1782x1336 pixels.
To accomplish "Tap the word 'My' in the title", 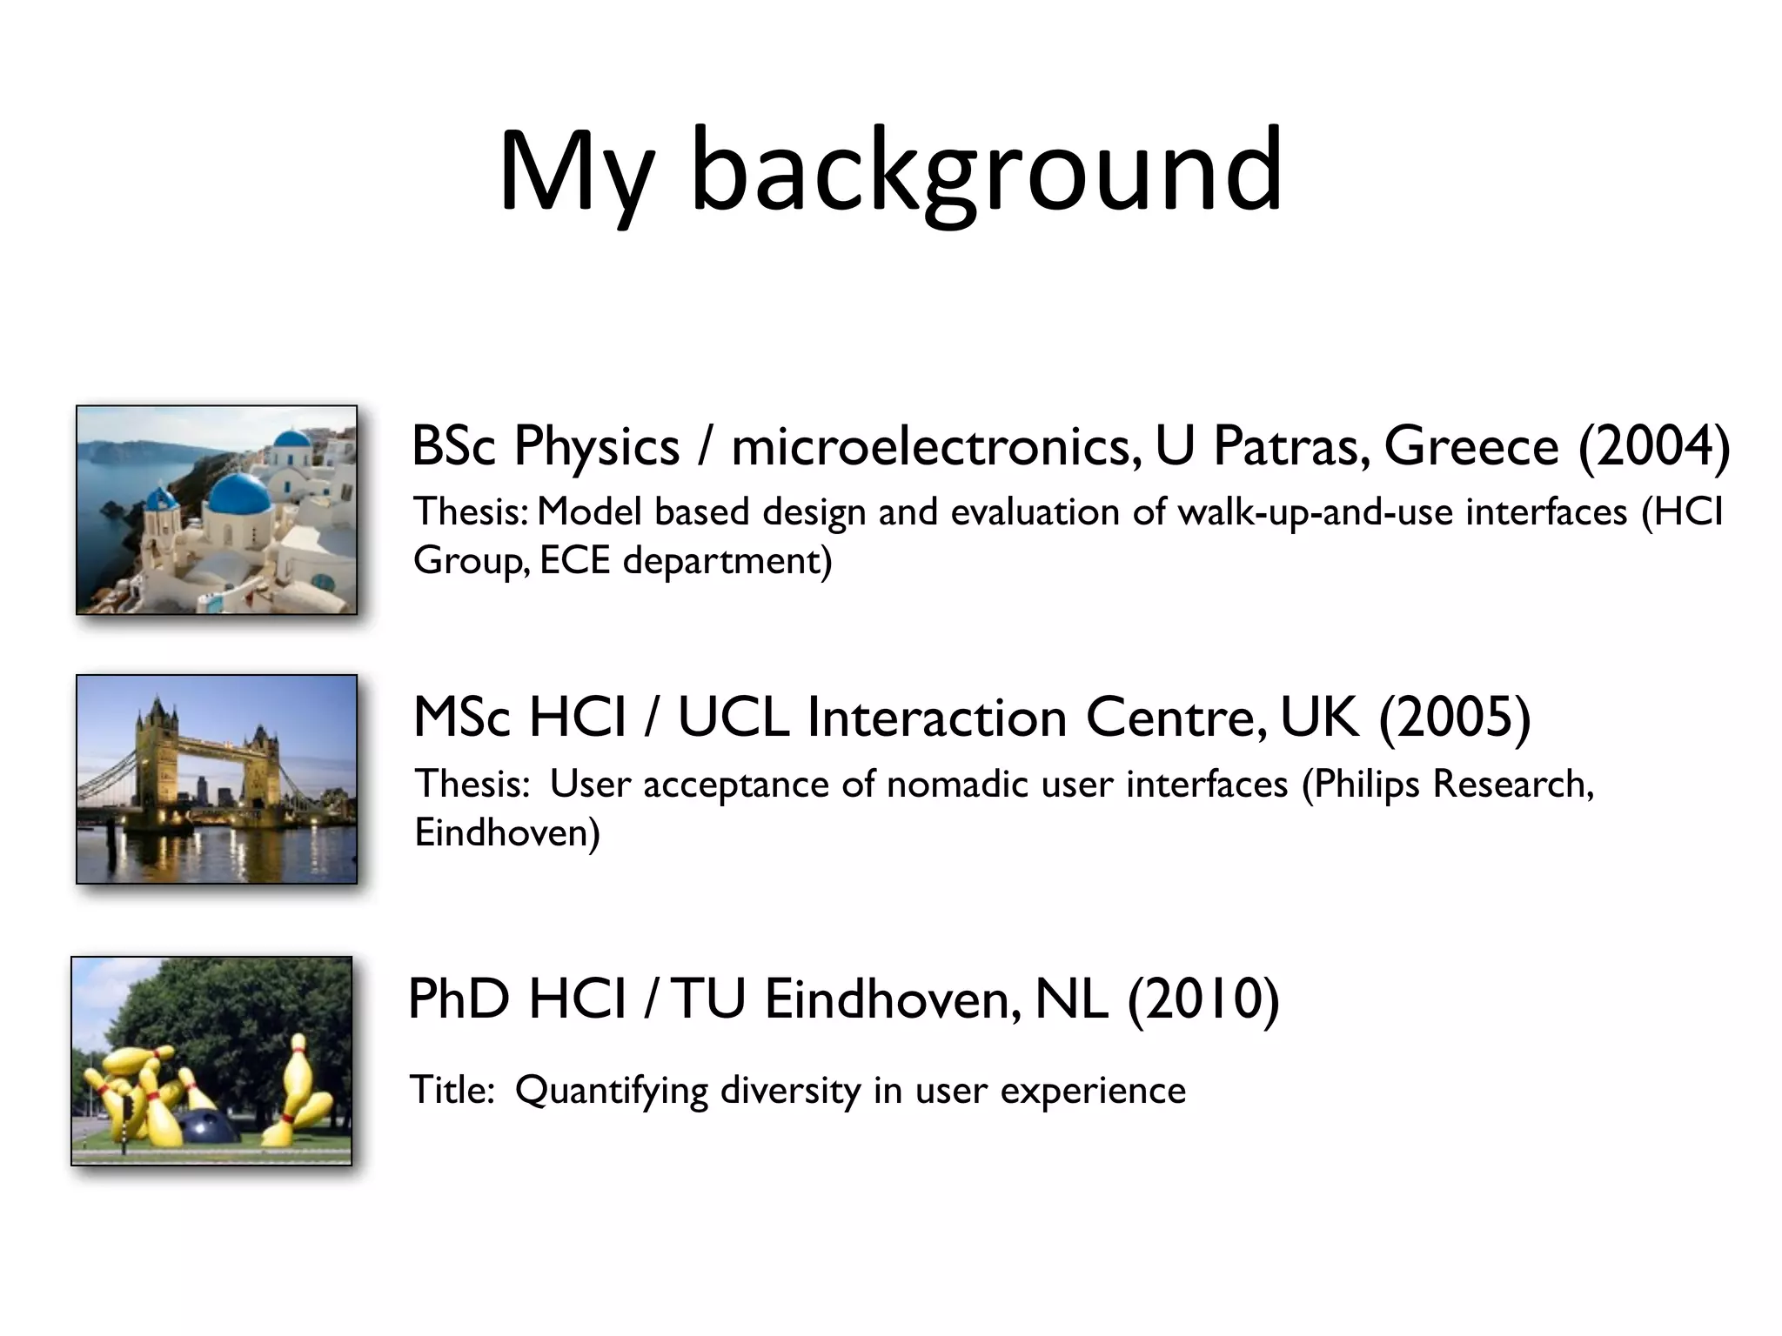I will pos(574,174).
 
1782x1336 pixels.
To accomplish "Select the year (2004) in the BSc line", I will pos(1654,447).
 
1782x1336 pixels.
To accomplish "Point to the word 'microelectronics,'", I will pos(935,447).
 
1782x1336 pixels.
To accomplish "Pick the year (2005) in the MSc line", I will pos(1455,718).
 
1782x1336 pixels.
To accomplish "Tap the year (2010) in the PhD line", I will pos(1203,999).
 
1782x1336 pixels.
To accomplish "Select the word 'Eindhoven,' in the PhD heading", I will pos(893,999).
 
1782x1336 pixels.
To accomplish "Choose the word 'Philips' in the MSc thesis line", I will pos(1366,785).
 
